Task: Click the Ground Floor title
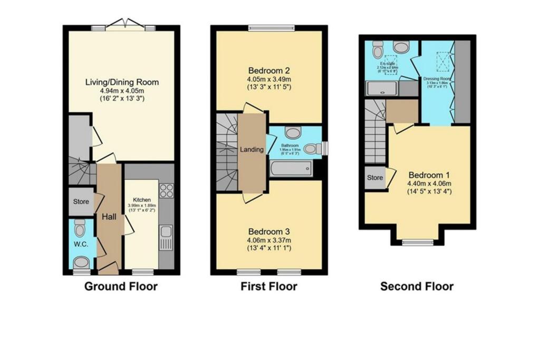[x=121, y=287]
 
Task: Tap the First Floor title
[x=268, y=287]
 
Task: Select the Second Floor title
[x=417, y=287]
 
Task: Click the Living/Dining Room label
[x=122, y=82]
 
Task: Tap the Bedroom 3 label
[x=269, y=231]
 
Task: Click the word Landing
[x=252, y=150]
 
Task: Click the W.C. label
[x=80, y=244]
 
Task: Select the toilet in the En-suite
[x=378, y=51]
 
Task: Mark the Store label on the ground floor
[x=81, y=202]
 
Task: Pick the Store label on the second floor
[x=374, y=178]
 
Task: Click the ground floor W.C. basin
[x=81, y=262]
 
